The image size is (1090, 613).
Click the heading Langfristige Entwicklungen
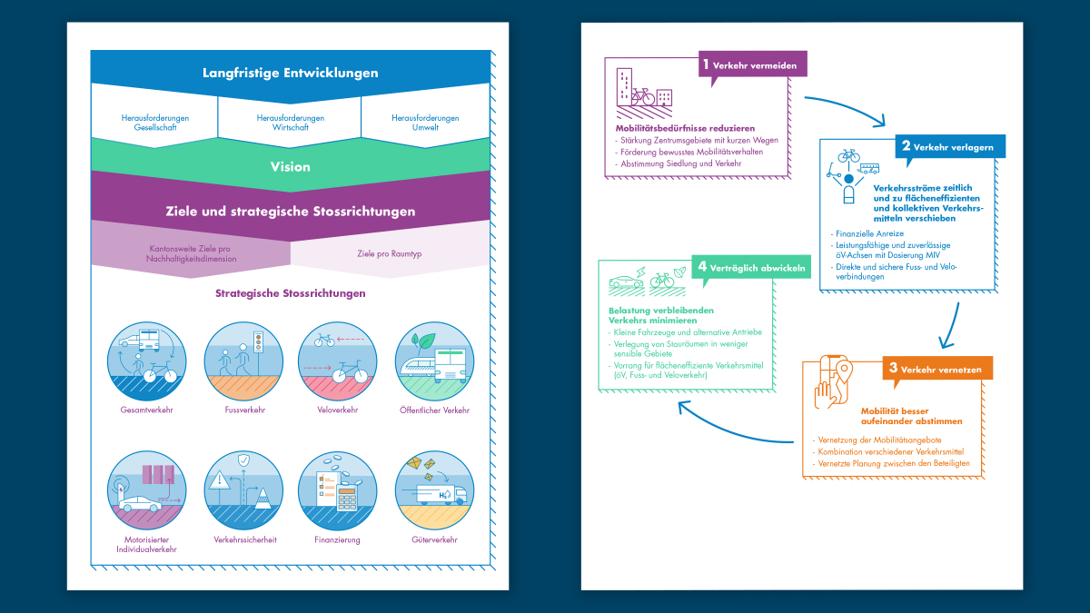click(x=290, y=73)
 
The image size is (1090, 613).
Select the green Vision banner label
click(x=290, y=166)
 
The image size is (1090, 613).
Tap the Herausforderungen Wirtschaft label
click(x=290, y=123)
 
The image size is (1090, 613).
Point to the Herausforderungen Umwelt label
click(x=425, y=123)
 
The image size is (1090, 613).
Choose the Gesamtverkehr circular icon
click(x=146, y=361)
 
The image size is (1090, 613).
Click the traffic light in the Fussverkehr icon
click(x=257, y=342)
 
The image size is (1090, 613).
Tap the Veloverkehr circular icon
click(x=337, y=361)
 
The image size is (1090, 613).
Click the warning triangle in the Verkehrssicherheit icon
click(x=220, y=481)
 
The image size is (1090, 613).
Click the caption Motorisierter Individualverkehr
click(x=146, y=544)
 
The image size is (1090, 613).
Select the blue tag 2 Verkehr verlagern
click(x=953, y=146)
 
